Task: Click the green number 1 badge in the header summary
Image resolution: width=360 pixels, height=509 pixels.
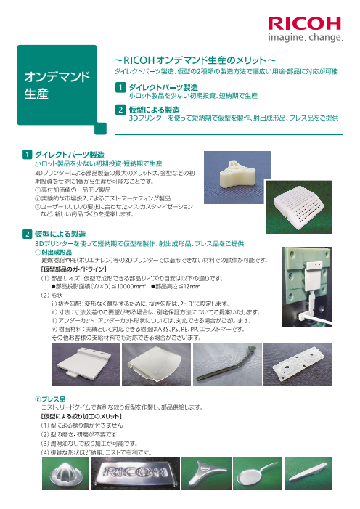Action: (120, 88)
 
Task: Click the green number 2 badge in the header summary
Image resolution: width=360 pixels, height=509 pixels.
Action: (120, 110)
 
